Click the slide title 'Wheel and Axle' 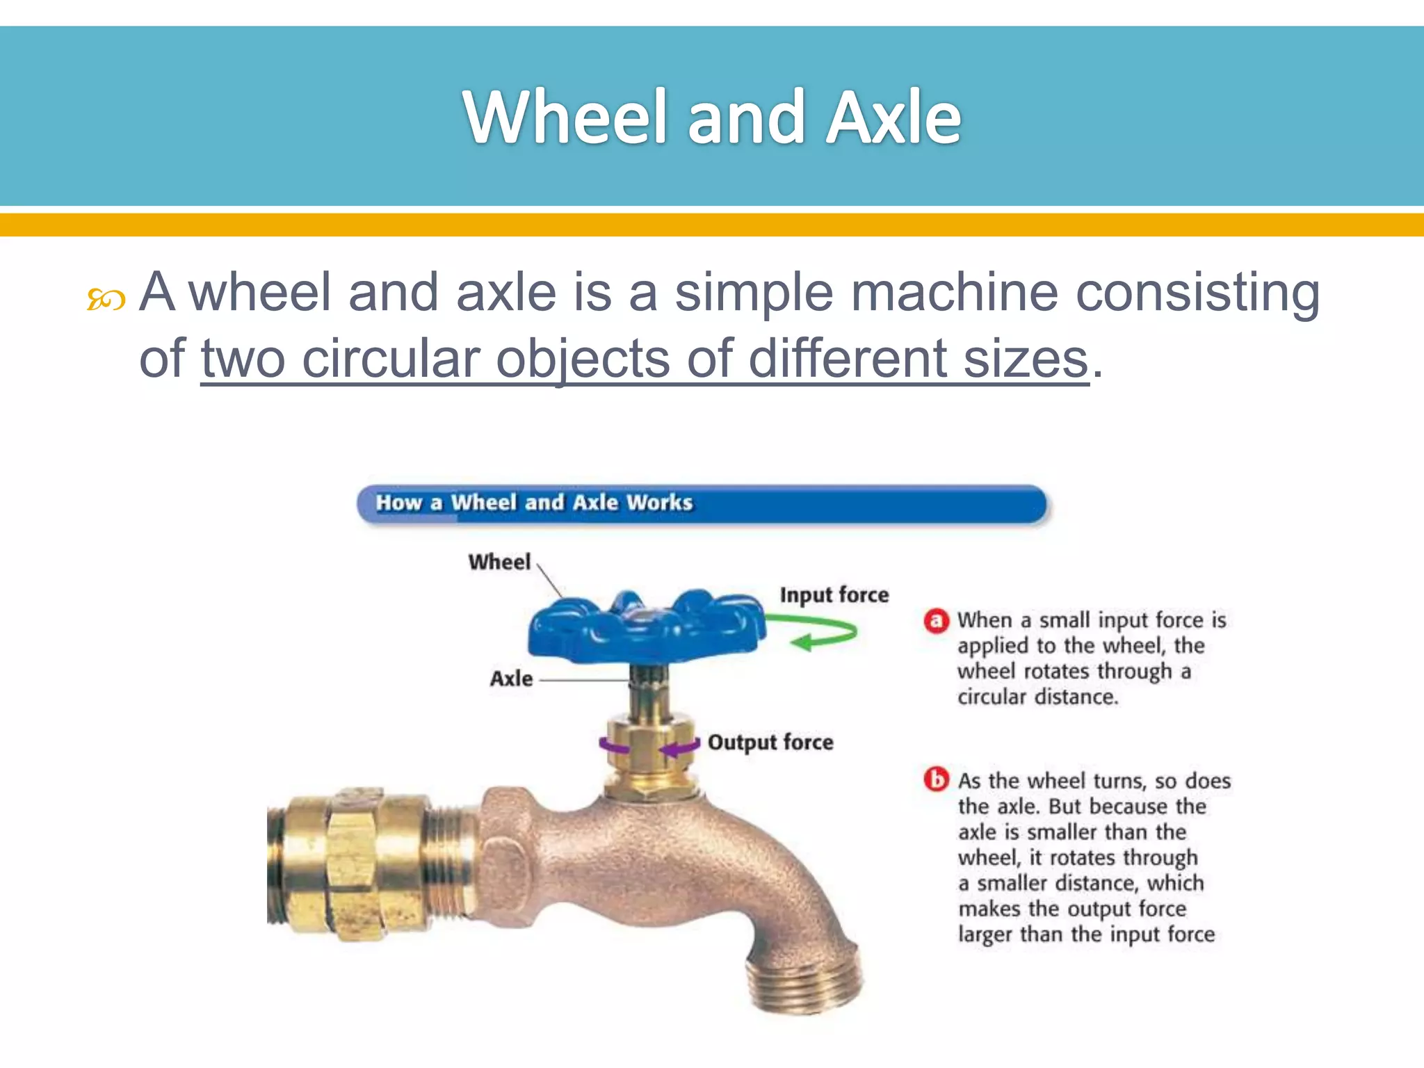pos(712,117)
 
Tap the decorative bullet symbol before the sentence pos(106,300)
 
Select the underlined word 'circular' pos(391,359)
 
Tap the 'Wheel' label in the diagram pos(499,562)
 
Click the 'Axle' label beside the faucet pos(511,679)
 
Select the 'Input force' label pos(834,595)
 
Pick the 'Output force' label pos(770,743)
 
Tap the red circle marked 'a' pos(936,620)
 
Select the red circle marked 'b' pos(936,779)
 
